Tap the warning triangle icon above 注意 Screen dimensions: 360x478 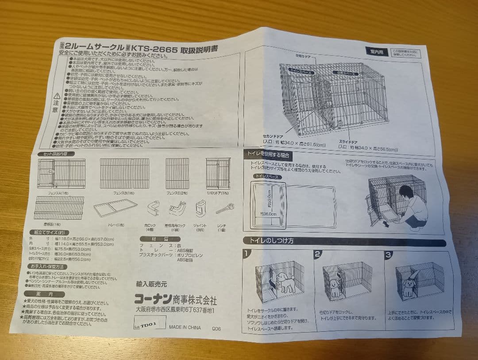coord(56,95)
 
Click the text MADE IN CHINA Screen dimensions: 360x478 coord(185,328)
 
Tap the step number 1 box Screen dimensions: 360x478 coord(247,254)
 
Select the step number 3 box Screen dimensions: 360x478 coord(388,255)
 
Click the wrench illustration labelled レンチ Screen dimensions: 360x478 coord(225,209)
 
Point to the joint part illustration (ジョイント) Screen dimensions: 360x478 coord(200,208)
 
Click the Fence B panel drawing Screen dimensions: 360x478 coord(124,174)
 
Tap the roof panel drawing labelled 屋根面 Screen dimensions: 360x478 coord(59,208)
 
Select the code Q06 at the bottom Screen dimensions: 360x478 coord(216,329)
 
